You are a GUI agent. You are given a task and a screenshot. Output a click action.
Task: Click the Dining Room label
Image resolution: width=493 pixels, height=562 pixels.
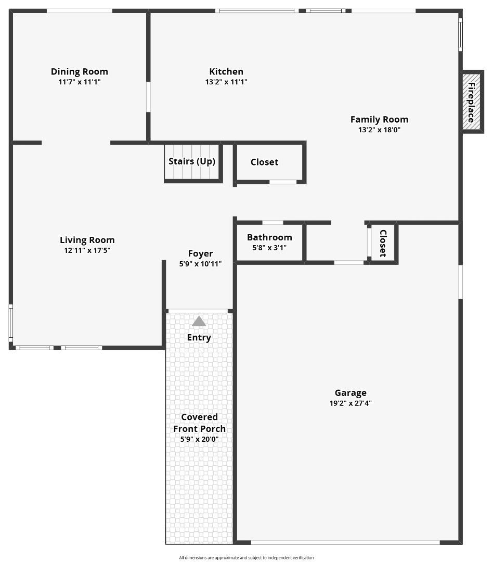(80, 72)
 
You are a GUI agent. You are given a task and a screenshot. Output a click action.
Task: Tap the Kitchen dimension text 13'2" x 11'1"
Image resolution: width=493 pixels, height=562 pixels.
(226, 82)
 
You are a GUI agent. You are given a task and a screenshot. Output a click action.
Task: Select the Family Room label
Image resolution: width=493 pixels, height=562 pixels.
(379, 120)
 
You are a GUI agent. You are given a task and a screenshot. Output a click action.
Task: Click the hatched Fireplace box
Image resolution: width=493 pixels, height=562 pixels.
(472, 102)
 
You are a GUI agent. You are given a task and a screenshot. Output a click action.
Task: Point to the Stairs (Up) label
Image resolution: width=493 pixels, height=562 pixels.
(192, 161)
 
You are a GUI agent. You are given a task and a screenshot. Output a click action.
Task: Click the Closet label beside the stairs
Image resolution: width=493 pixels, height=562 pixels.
(264, 162)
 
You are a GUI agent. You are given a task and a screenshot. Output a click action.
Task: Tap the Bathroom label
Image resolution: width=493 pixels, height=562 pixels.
(269, 238)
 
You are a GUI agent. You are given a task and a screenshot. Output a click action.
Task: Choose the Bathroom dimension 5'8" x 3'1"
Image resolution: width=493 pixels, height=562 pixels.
(269, 248)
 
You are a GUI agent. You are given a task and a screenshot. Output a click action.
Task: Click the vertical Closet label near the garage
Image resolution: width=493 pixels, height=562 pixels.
(383, 244)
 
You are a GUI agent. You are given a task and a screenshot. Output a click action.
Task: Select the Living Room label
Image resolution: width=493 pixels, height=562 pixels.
(87, 240)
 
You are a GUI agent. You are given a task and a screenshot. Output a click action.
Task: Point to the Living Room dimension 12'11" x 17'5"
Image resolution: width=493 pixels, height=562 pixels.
(87, 250)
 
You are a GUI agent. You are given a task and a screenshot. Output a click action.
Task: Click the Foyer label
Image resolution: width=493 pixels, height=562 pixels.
(200, 254)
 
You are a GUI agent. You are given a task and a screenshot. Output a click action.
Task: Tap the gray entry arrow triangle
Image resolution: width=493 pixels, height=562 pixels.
(199, 322)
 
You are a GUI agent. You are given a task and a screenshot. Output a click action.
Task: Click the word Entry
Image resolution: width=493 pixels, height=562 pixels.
(199, 338)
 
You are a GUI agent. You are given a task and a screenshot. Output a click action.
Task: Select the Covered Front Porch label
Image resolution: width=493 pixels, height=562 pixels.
(200, 423)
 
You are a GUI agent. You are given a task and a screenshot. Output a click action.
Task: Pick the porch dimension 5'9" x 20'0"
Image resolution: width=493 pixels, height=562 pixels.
(200, 439)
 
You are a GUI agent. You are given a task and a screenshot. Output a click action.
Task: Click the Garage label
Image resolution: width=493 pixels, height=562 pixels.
(351, 393)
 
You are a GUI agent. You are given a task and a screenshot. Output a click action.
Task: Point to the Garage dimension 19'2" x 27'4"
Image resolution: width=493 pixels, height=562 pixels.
(351, 403)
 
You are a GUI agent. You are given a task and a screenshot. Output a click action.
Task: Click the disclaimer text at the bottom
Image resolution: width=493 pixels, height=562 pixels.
(247, 557)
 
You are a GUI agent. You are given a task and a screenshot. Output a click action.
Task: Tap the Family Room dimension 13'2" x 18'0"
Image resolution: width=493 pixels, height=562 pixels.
(379, 130)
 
